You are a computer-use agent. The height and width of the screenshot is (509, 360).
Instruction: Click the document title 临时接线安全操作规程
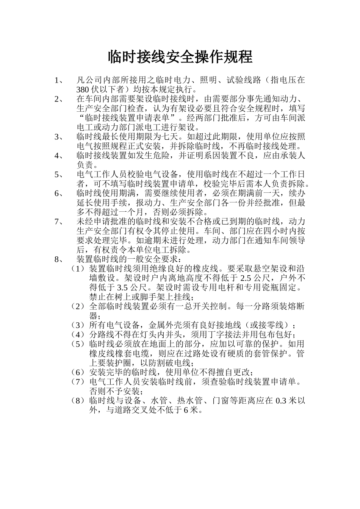point(180,57)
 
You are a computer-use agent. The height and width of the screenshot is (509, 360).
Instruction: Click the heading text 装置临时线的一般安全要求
point(127,259)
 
